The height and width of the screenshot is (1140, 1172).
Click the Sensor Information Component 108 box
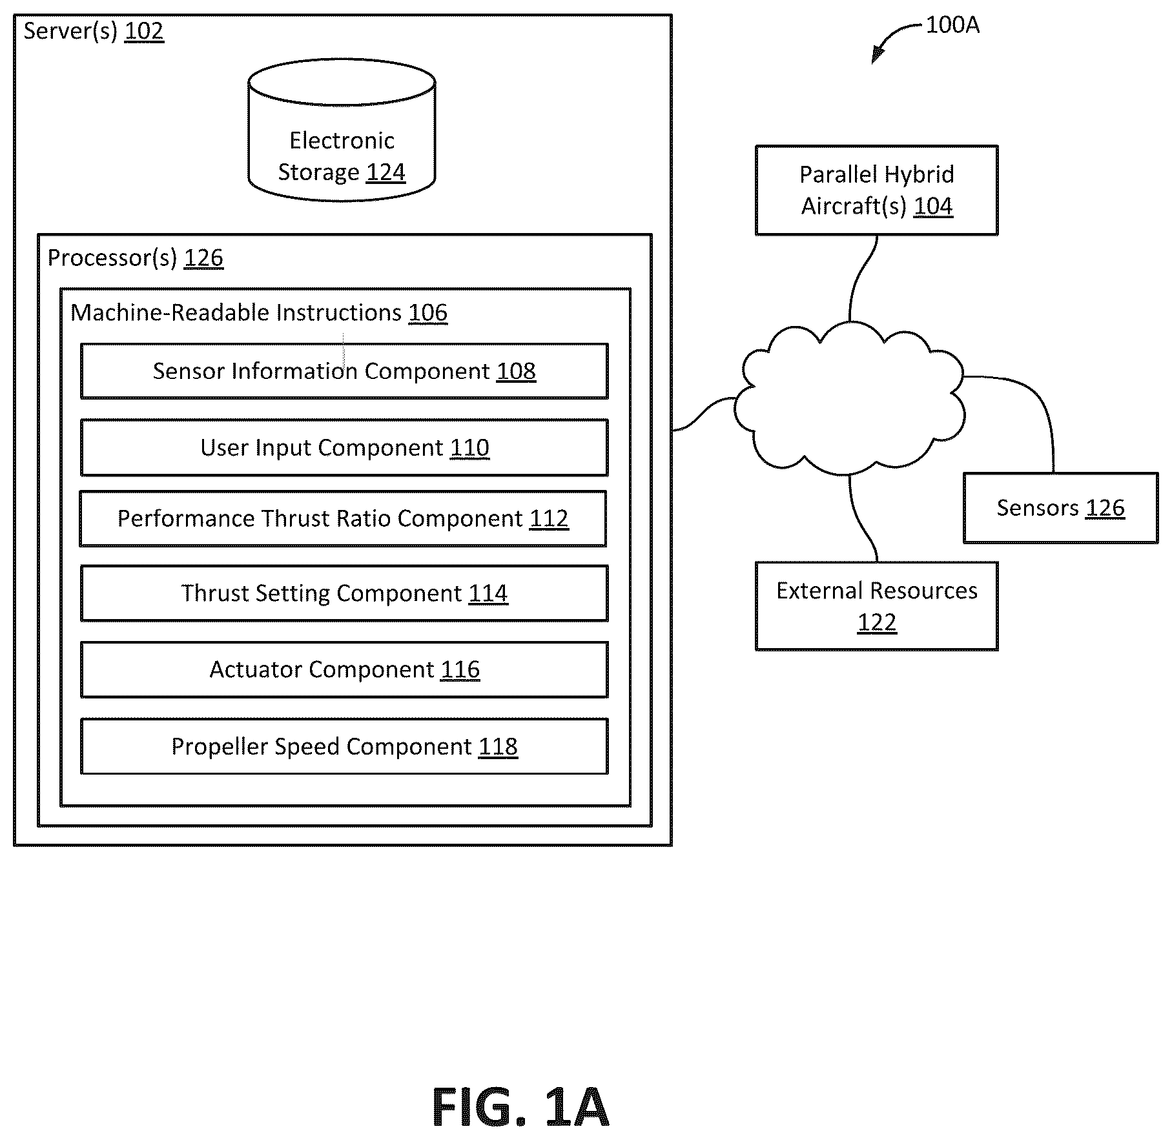(344, 371)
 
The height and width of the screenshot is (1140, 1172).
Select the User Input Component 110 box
(344, 447)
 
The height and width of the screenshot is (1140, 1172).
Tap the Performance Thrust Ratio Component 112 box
(343, 518)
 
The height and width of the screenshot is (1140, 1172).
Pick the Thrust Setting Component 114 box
(344, 593)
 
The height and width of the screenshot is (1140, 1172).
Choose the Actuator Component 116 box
(344, 669)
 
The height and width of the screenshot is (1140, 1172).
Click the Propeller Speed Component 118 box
(344, 746)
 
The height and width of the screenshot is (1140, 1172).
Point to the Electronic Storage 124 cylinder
(342, 130)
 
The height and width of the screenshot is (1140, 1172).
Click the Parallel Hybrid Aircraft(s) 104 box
(877, 190)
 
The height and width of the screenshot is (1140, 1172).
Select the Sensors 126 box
(1060, 508)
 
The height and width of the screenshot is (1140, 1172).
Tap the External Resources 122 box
(877, 606)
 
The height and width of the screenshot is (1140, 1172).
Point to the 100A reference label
(952, 25)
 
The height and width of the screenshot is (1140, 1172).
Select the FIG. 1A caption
(520, 1108)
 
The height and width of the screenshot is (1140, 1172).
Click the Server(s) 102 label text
(94, 31)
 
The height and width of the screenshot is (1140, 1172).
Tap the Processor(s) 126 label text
(136, 258)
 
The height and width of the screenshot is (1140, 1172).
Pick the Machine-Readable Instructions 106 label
(259, 312)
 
